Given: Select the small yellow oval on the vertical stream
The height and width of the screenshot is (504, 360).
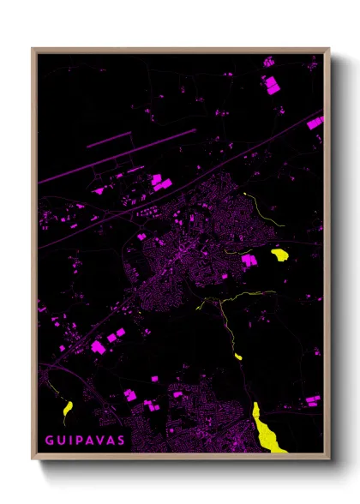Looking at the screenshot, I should point(237,356).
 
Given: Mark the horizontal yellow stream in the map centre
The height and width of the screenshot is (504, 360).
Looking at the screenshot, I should point(249,297).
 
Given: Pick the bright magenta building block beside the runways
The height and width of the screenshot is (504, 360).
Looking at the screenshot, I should point(157,180).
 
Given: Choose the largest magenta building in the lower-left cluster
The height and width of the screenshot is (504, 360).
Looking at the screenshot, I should point(98,346).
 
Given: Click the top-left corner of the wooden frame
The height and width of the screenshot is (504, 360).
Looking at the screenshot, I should point(33,49).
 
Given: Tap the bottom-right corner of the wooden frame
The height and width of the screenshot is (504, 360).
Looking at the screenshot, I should point(328,458).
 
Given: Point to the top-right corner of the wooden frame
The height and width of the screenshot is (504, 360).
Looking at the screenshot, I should point(328,49).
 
